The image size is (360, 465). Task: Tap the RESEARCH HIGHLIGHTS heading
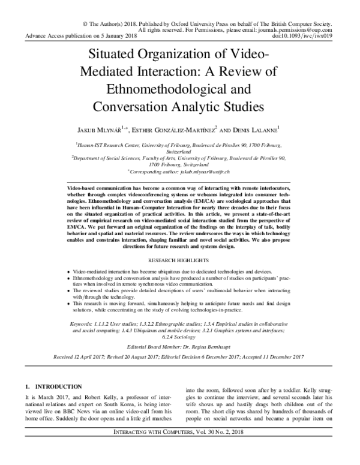click(180, 262)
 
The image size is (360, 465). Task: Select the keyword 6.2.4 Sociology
click(181, 338)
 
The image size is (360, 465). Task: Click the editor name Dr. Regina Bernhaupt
click(210, 348)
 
